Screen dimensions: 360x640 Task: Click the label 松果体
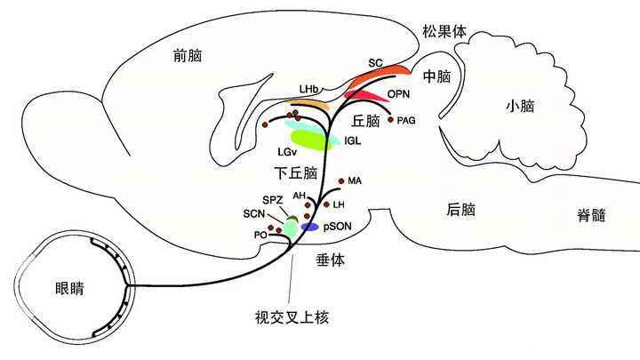(x=442, y=33)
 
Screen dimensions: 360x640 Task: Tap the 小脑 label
(x=520, y=105)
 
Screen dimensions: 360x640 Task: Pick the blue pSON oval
(x=309, y=227)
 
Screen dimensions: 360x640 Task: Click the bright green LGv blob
(x=305, y=139)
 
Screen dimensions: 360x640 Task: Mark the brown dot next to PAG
(x=390, y=119)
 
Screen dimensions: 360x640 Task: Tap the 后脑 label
(x=460, y=210)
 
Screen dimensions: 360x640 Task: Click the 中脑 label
(x=438, y=76)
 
